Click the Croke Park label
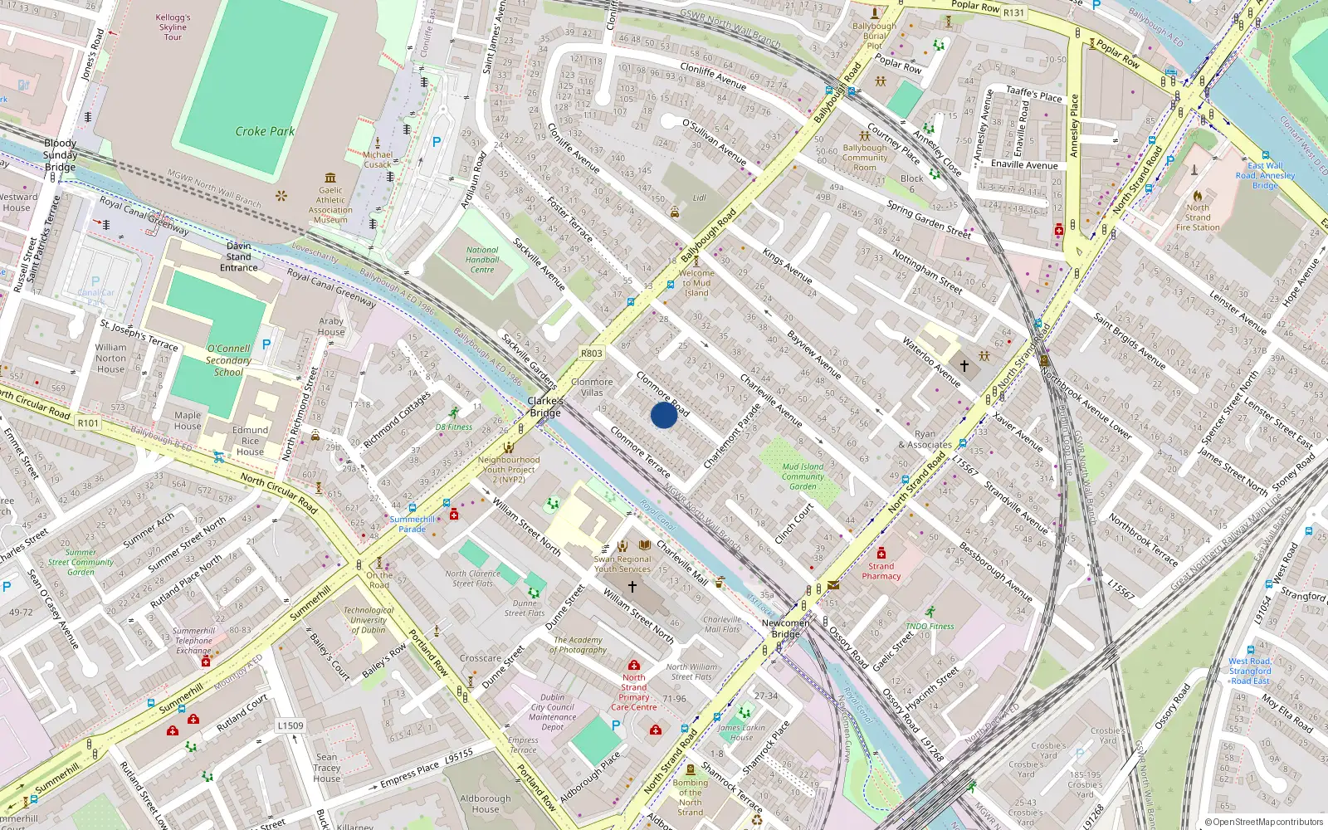[265, 131]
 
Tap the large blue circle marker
[664, 415]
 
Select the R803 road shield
[591, 354]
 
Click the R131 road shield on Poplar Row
[1013, 12]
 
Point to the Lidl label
[699, 198]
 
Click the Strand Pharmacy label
[881, 571]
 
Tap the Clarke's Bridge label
[545, 407]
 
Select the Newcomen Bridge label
[785, 628]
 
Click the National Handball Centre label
[482, 260]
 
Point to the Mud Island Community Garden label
[803, 476]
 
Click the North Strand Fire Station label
[1198, 217]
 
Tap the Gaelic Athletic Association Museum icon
[330, 178]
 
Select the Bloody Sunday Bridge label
[60, 155]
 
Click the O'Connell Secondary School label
[228, 360]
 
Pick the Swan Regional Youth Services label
[622, 564]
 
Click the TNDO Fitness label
[930, 627]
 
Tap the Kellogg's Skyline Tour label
[173, 27]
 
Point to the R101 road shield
[88, 423]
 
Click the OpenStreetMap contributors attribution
[1264, 823]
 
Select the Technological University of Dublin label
[369, 620]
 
